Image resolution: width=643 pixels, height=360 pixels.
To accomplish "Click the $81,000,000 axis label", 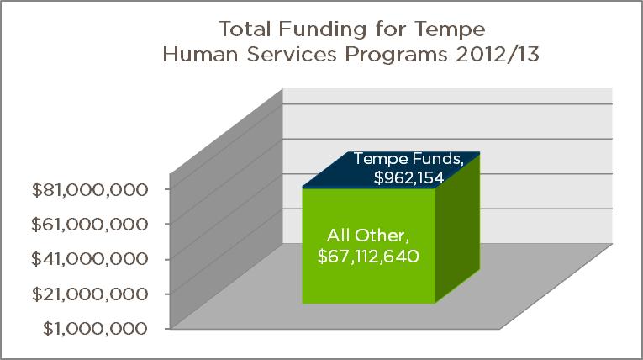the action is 89,190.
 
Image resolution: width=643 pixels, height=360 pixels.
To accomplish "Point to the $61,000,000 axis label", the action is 89,225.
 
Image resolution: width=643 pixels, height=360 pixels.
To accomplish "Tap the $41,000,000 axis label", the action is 89,259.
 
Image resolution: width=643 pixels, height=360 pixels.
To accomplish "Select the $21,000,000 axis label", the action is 89,294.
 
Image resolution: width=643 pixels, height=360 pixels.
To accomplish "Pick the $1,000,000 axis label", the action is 95,329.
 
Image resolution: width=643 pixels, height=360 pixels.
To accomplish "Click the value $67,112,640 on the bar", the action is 368,257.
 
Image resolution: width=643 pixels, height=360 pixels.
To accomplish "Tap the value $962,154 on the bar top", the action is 408,177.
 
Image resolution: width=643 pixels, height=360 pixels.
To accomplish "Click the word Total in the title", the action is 245,29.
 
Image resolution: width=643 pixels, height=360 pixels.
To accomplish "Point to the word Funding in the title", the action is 323,30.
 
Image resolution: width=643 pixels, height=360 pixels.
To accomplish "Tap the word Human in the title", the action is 200,54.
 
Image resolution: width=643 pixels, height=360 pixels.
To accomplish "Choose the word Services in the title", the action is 292,54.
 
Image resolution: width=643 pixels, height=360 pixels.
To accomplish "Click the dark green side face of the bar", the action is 457,228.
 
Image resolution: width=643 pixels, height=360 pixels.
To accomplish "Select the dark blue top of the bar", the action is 391,170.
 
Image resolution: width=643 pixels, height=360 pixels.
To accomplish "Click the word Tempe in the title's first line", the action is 451,30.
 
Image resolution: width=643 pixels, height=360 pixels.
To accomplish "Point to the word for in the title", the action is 391,29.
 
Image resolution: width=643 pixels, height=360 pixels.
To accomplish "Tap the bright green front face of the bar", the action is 369,246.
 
